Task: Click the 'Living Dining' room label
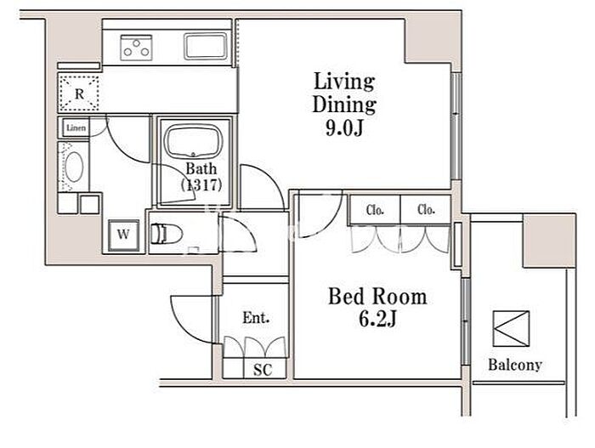pos(344,93)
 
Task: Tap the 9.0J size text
pos(344,128)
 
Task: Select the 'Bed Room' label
pos(377,297)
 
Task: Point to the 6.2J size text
pos(377,319)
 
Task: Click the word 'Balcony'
pos(515,365)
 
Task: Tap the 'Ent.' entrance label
pos(256,317)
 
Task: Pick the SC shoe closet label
pos(263,370)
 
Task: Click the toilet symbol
pos(167,234)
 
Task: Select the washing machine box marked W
pos(124,235)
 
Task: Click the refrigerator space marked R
pos(79,94)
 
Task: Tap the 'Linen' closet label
pos(76,128)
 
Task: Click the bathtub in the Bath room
pos(193,141)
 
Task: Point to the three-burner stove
pos(136,48)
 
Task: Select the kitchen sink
pos(206,46)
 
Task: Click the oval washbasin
pos(74,167)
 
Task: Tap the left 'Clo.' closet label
pos(375,210)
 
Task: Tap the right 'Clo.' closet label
pos(426,210)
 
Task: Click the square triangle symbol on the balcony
pos(511,329)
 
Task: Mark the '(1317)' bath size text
pos(201,184)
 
